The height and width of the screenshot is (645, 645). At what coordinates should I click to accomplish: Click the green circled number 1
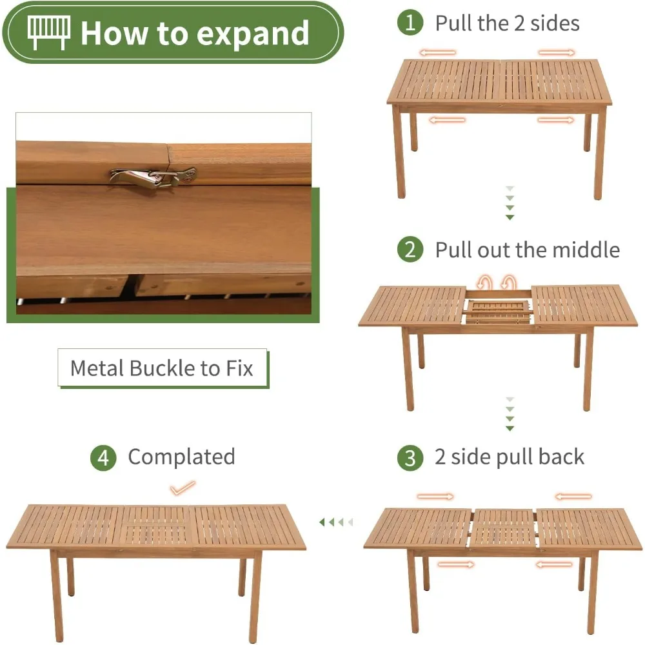(x=410, y=23)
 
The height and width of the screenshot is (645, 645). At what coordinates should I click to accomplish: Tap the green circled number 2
(x=410, y=249)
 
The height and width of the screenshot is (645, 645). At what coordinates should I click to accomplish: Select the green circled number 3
(x=410, y=458)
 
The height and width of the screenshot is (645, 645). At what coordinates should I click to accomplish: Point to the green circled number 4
(x=103, y=458)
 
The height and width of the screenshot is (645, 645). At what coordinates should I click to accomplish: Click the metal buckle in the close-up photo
(x=152, y=178)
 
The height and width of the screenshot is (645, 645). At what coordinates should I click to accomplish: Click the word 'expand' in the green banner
(x=253, y=34)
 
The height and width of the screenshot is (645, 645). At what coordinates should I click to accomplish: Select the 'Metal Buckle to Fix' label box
(x=163, y=368)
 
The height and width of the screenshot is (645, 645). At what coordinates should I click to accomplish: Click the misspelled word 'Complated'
(x=181, y=457)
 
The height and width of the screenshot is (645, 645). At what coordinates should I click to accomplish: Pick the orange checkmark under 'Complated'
(x=183, y=488)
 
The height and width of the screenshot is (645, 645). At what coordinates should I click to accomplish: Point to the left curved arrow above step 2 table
(x=484, y=283)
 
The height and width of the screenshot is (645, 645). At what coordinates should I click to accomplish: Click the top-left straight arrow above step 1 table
(x=438, y=53)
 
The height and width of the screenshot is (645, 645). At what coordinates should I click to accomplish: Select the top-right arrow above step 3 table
(x=573, y=497)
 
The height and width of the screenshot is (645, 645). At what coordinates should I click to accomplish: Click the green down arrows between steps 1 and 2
(x=510, y=203)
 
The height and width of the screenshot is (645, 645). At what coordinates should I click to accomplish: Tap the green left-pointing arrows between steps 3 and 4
(x=336, y=522)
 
